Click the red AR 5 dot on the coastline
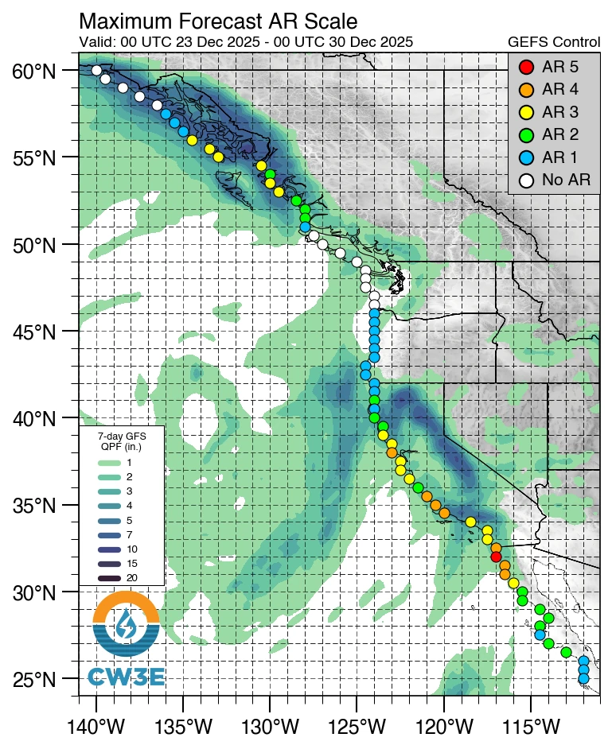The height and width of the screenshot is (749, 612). coord(496,556)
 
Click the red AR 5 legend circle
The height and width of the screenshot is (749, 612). coord(524,67)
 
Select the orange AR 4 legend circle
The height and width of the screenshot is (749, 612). coord(524,89)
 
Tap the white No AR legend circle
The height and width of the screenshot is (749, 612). coord(524,180)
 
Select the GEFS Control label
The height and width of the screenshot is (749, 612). coord(554,42)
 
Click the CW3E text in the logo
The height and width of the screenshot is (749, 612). coord(126,677)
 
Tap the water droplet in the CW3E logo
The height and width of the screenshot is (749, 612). coord(126,624)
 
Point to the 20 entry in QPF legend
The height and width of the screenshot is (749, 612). coord(129,578)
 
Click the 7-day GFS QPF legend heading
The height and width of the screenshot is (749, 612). coord(121,441)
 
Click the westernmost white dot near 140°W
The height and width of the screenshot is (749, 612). coord(96,70)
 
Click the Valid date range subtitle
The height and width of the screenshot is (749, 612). coord(246,42)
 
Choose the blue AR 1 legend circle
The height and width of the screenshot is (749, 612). coord(524,157)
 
